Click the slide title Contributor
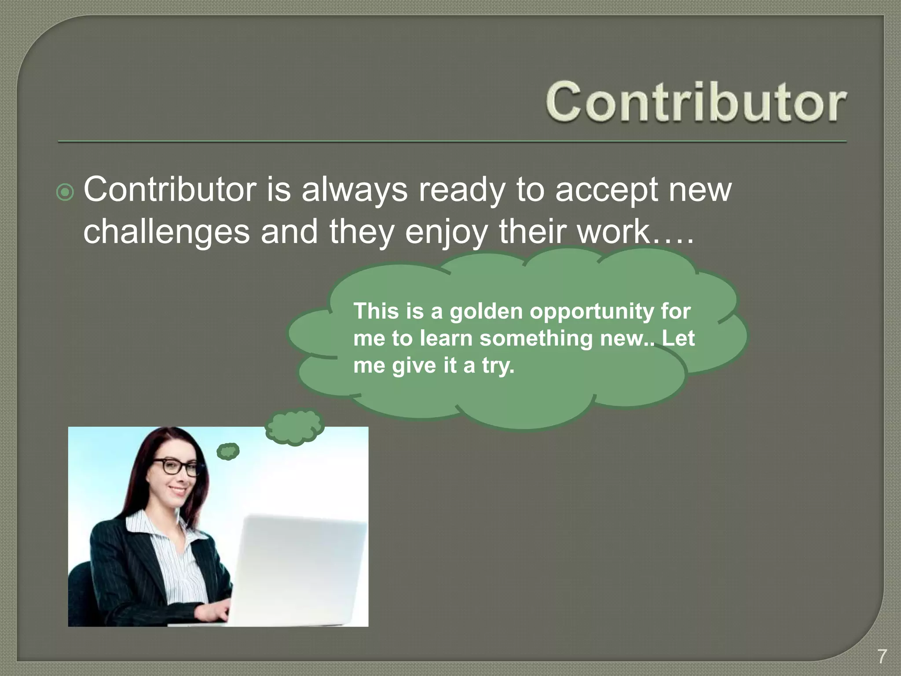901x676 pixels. point(695,102)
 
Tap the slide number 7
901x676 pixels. point(882,656)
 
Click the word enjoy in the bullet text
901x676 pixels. point(446,232)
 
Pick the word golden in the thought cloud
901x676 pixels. point(486,312)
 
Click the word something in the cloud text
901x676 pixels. point(536,338)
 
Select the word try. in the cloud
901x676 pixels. point(498,366)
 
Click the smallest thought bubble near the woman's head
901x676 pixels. point(228,451)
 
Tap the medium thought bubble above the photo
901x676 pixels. point(294,426)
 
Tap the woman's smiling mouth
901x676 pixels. point(178,490)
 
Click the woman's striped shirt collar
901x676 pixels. point(145,528)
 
